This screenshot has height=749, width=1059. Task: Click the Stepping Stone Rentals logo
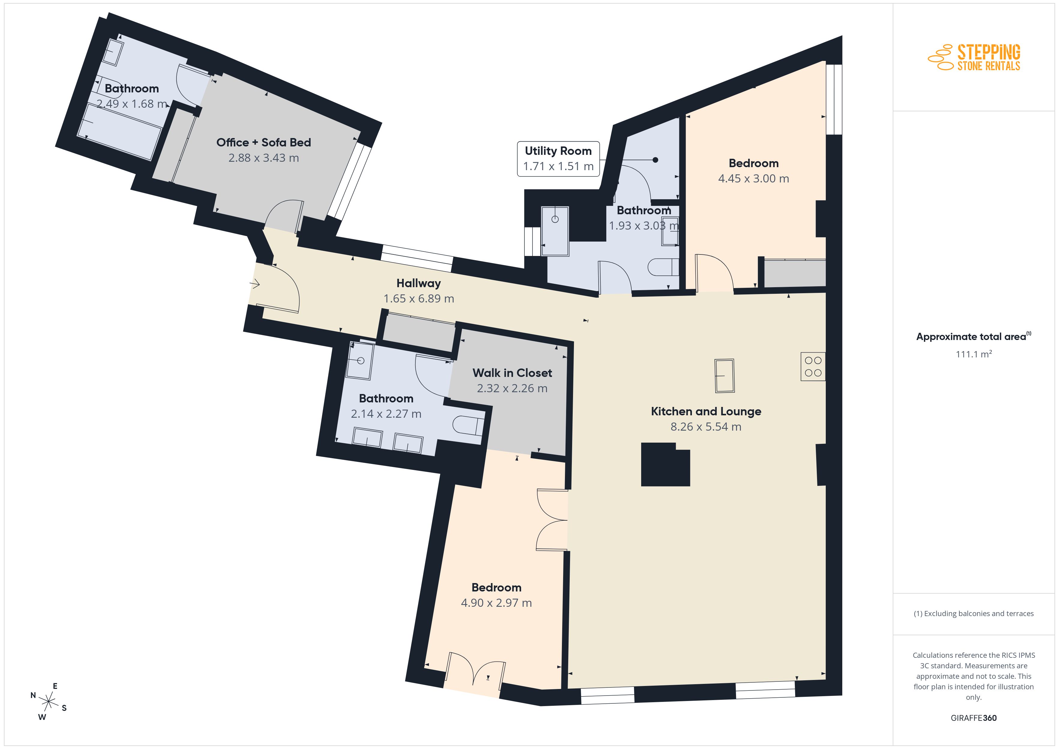point(974,58)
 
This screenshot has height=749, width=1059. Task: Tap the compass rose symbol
point(48,702)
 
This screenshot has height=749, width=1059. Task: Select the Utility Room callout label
point(558,159)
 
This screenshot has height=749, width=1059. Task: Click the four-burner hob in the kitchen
point(813,367)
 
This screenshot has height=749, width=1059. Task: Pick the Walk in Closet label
point(512,373)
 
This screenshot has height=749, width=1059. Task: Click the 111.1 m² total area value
point(974,354)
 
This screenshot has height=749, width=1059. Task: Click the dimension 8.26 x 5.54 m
point(706,427)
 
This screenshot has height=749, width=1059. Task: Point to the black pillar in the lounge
point(665,464)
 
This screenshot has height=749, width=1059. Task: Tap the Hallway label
point(418,283)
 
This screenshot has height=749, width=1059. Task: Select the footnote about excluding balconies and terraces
point(974,613)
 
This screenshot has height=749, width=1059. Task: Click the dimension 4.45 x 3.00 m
point(754,179)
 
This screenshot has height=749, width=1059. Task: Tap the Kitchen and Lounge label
point(706,411)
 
